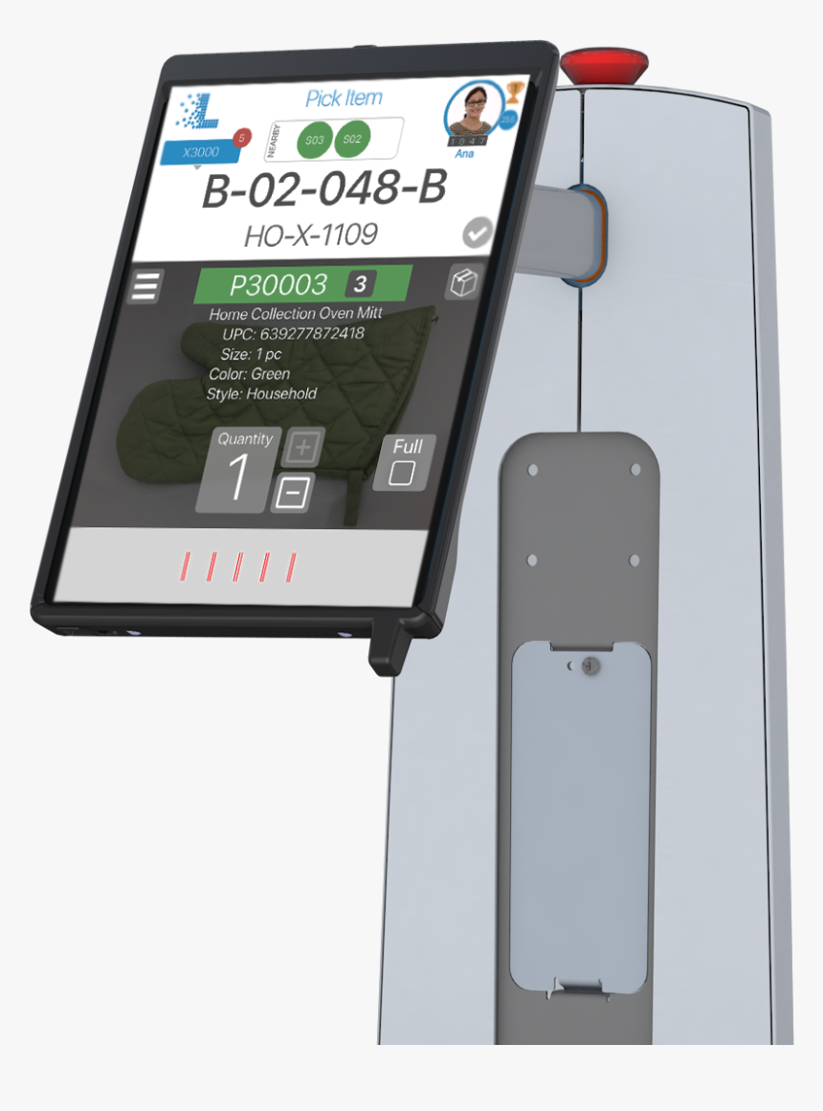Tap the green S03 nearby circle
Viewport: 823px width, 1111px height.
click(315, 141)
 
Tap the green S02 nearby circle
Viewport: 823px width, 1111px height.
click(352, 139)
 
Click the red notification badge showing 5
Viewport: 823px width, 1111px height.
click(241, 138)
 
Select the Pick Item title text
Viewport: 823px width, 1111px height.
click(344, 98)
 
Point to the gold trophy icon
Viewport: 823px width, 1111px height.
click(515, 92)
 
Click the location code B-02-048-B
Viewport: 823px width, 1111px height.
click(323, 190)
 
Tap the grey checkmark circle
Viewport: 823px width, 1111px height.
click(478, 233)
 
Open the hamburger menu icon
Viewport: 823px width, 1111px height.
click(145, 286)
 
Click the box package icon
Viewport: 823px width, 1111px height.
click(463, 283)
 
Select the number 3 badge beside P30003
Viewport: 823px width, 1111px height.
click(361, 284)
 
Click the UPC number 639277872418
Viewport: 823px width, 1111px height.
click(311, 334)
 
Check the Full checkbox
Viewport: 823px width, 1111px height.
click(403, 473)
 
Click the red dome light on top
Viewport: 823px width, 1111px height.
click(604, 66)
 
